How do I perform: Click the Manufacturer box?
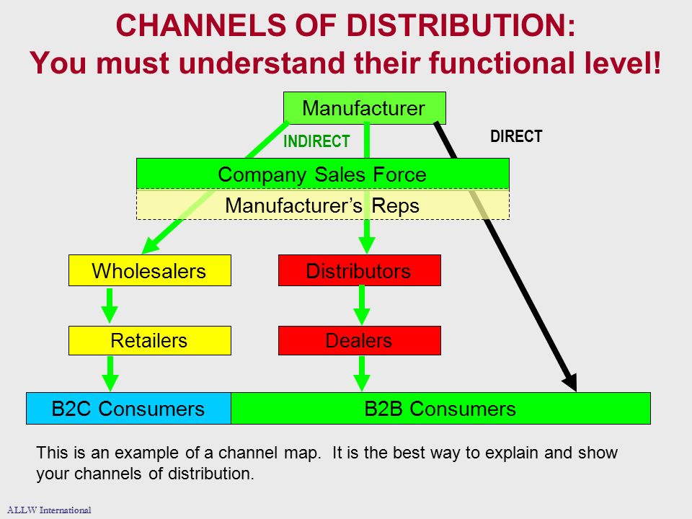pos(365,108)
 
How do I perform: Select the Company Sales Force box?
pos(323,174)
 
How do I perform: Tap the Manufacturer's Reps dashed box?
pos(323,205)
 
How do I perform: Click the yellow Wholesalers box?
pos(150,270)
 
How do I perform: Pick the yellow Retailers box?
pos(150,340)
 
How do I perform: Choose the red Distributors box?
pos(359,270)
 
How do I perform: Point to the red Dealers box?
pos(359,340)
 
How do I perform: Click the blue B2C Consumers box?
pos(128,408)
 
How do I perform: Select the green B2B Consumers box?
pos(440,408)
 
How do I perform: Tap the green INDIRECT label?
pos(316,141)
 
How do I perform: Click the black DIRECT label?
pos(516,136)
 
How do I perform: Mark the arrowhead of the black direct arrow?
pos(575,390)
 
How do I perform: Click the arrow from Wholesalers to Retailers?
pos(110,305)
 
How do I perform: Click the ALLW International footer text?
pos(49,510)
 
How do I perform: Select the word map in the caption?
pos(302,453)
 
